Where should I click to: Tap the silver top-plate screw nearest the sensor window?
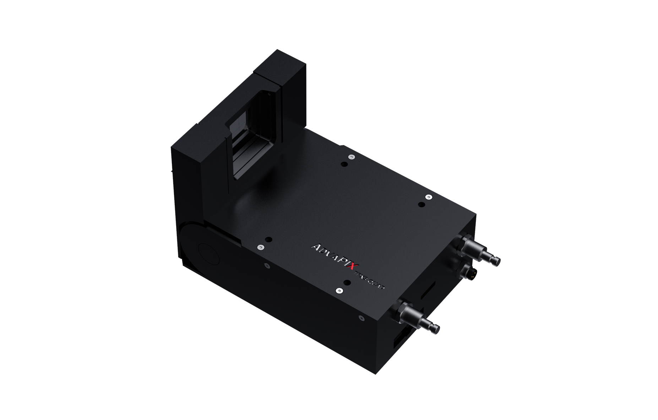351,157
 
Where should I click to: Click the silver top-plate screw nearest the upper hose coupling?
429,196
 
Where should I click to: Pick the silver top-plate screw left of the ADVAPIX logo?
261,247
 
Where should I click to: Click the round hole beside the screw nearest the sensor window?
344,164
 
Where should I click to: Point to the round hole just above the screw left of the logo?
268,239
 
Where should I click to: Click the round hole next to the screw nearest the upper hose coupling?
422,204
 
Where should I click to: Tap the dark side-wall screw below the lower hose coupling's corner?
361,318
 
